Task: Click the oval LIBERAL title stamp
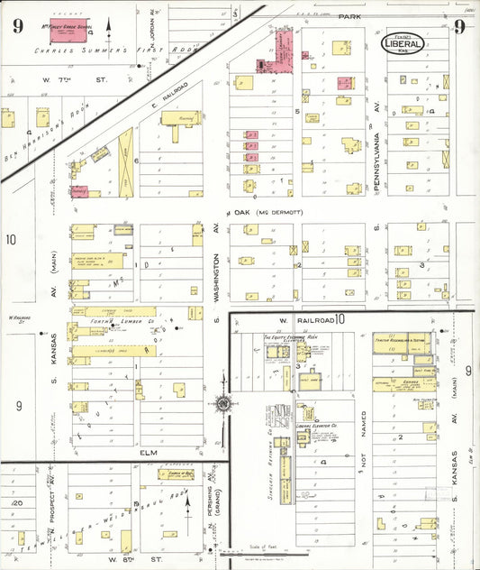tap(402, 43)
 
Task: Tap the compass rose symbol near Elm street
tap(223, 404)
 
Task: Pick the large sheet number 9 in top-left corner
tap(17, 24)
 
